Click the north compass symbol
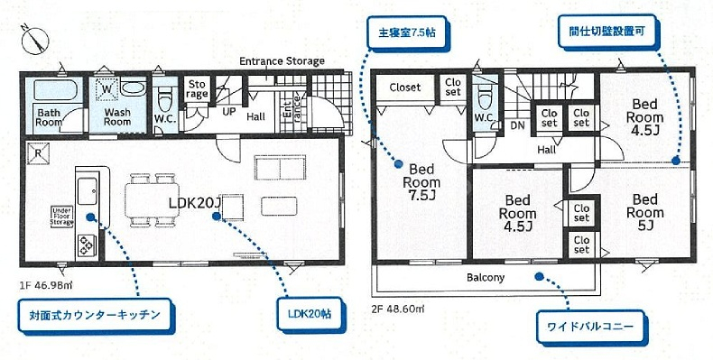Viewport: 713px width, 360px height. (x=35, y=41)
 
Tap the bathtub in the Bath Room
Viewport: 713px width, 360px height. (x=54, y=89)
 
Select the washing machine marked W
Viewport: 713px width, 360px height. (x=106, y=88)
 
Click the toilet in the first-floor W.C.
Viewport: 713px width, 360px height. (x=163, y=100)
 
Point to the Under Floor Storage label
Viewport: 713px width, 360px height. (x=62, y=217)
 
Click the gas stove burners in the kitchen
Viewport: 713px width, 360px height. (x=87, y=245)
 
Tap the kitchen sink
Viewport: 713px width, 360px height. (x=87, y=191)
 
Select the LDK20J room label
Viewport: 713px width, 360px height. (x=195, y=203)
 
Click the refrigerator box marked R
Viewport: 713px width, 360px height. (x=38, y=153)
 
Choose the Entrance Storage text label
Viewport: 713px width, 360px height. (x=282, y=61)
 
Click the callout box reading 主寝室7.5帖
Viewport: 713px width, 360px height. (x=407, y=33)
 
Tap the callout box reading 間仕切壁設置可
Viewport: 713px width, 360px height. (x=607, y=32)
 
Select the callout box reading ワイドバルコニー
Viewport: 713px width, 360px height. (x=590, y=327)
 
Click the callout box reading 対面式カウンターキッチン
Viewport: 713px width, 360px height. (x=95, y=315)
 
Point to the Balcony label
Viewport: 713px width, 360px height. (x=486, y=277)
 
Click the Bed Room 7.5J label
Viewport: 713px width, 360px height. (x=421, y=183)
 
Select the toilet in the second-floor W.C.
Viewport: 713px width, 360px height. (x=486, y=97)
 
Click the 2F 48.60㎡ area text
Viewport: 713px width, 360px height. (x=398, y=309)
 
